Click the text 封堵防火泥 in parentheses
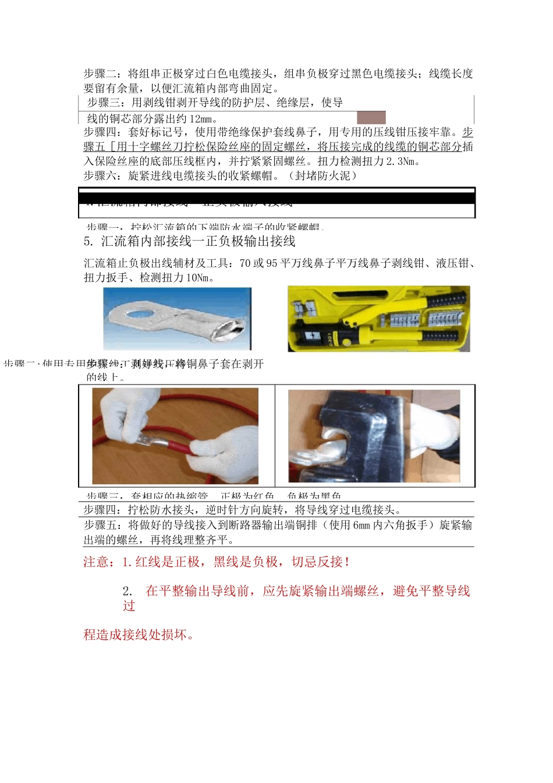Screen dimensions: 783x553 (x=322, y=176)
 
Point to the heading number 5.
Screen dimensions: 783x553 (x=88, y=241)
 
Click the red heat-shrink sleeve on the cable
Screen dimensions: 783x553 (x=173, y=447)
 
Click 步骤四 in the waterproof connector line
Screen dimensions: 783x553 (x=102, y=510)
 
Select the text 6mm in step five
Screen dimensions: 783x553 (x=361, y=525)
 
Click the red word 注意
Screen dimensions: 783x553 (x=97, y=562)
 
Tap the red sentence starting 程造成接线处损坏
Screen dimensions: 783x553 (x=139, y=635)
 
